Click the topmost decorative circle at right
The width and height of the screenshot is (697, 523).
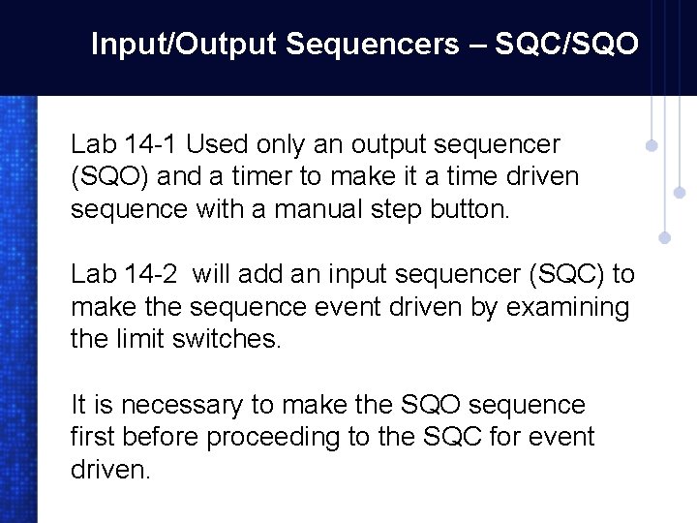(x=652, y=147)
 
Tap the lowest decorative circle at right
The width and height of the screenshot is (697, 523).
(x=664, y=235)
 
